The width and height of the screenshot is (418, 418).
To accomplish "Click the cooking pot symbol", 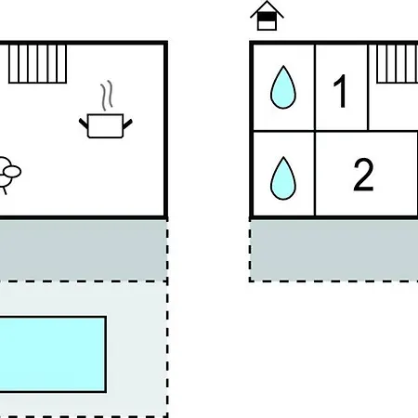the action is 106,125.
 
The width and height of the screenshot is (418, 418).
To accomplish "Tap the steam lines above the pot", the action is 107,96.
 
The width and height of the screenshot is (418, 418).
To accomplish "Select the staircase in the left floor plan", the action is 37,64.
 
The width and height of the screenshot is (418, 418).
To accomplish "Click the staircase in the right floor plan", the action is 398,64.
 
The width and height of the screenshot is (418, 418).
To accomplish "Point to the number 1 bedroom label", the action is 340,91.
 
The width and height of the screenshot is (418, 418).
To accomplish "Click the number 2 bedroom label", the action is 363,175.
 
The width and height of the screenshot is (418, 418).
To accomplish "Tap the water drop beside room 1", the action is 283,87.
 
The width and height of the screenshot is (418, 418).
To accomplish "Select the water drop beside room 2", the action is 283,178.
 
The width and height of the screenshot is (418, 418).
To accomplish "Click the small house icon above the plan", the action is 267,16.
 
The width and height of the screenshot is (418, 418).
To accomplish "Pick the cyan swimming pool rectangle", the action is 53,355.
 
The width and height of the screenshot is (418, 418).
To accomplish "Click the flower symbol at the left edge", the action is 7,175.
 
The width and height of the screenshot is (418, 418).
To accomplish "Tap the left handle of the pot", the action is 84,124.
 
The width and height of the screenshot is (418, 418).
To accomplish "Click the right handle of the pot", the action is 128,124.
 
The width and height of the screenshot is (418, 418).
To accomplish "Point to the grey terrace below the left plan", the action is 83,250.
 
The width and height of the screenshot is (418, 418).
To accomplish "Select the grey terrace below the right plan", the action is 334,250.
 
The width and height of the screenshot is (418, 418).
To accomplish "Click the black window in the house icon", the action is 267,17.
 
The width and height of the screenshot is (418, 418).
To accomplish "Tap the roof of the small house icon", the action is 267,8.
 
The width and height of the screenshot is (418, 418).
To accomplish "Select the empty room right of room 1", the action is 393,107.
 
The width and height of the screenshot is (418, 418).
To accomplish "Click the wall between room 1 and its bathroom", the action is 315,87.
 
